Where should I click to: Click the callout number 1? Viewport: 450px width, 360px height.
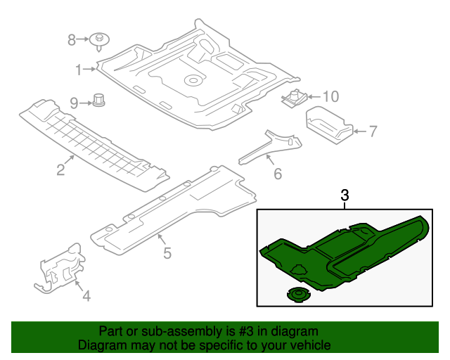(x=79, y=68)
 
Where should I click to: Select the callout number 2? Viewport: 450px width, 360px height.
(x=60, y=169)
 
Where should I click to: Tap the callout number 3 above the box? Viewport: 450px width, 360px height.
(x=345, y=196)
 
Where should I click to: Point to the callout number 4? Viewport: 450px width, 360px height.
(x=86, y=297)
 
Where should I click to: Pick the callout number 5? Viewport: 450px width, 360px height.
(x=167, y=252)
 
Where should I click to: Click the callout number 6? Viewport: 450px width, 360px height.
(x=277, y=173)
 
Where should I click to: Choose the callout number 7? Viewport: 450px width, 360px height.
(x=373, y=131)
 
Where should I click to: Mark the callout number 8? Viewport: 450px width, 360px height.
(x=72, y=40)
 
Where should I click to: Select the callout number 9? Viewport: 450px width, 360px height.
(x=75, y=103)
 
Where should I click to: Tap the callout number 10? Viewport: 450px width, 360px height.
(x=330, y=96)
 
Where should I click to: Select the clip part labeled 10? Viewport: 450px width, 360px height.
(x=295, y=96)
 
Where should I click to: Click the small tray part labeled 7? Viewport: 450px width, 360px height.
(x=329, y=124)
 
